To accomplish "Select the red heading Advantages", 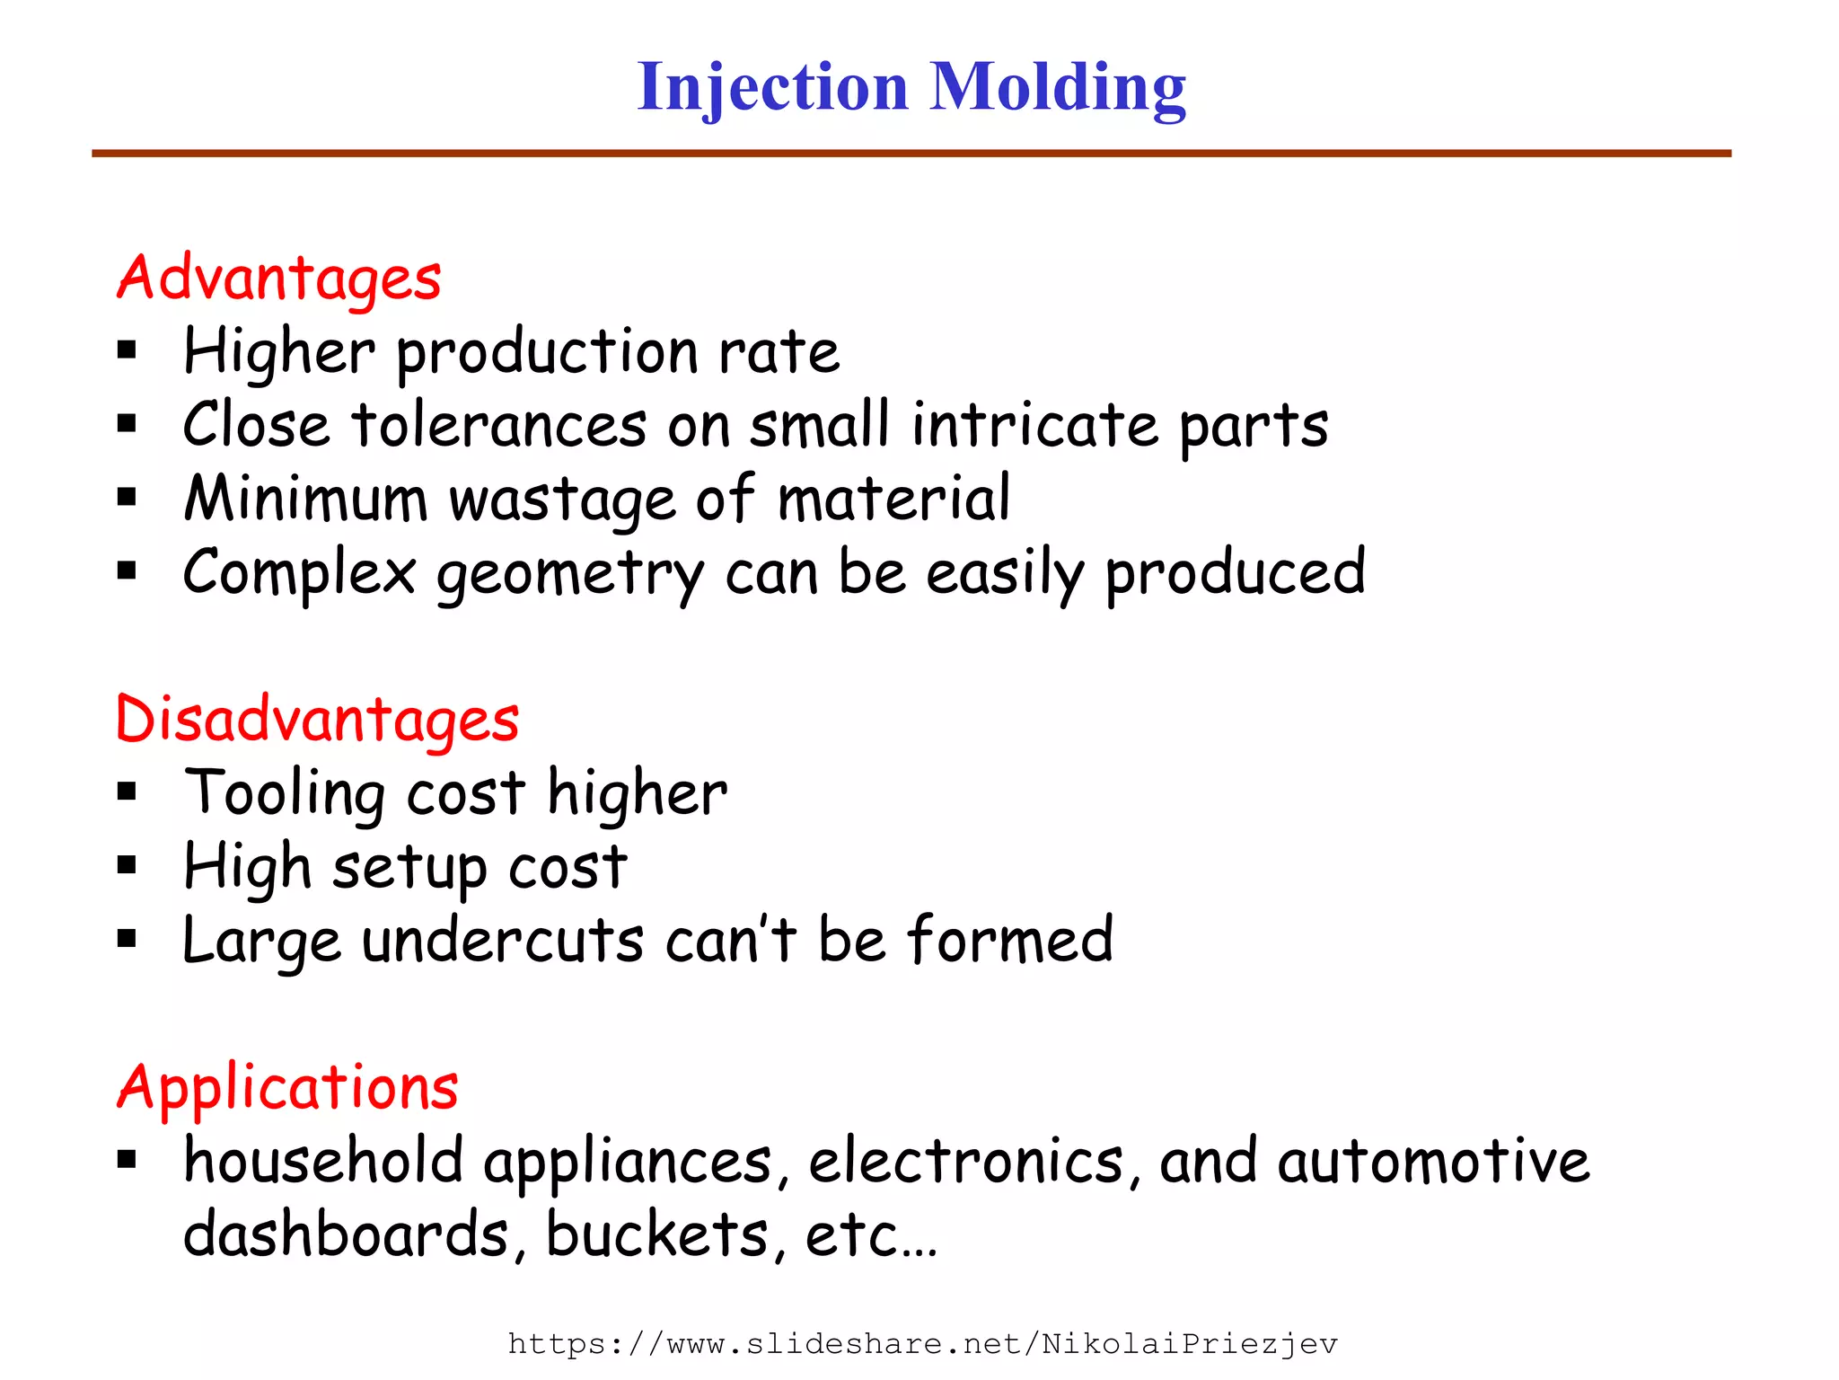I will (x=278, y=279).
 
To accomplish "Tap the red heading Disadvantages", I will (x=317, y=720).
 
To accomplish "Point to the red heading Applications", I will (x=287, y=1087).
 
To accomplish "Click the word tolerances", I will (x=499, y=425).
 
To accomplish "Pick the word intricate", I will (x=1035, y=425).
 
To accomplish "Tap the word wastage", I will (x=562, y=500).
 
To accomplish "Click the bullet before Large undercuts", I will (x=127, y=940).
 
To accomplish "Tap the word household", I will (x=323, y=1161).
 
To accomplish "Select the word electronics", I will (x=966, y=1161).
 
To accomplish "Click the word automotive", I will (x=1433, y=1161).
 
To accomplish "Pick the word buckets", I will (x=657, y=1234).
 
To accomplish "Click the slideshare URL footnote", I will (x=922, y=1345).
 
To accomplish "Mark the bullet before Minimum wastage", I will (x=127, y=497).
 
